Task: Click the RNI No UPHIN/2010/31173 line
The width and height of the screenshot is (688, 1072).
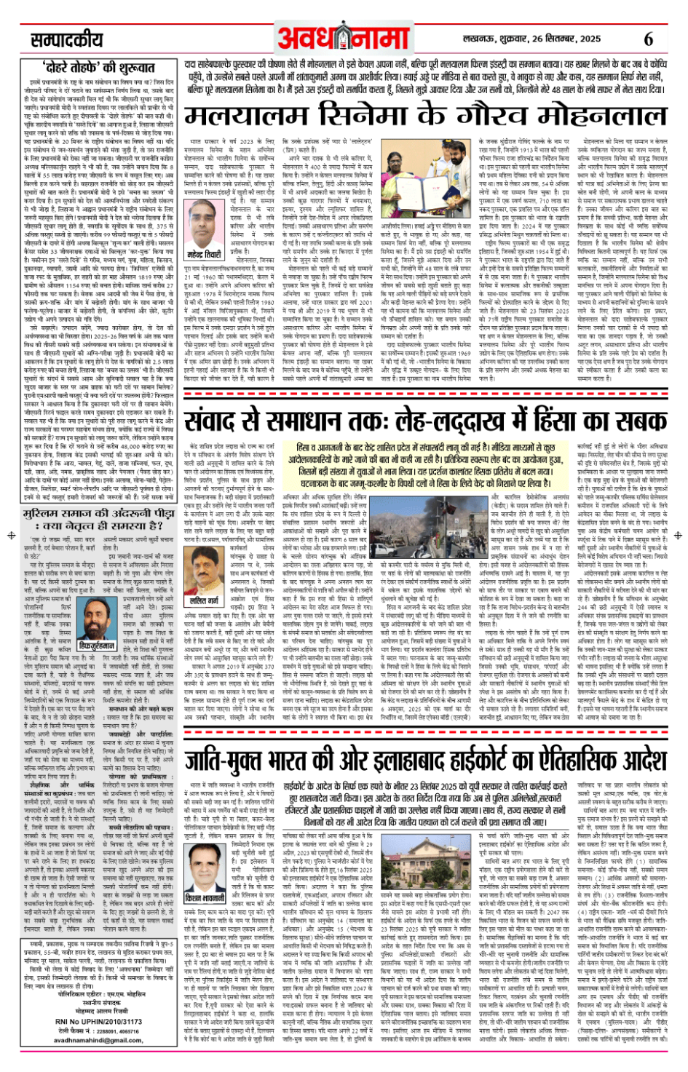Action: [x=98, y=1022]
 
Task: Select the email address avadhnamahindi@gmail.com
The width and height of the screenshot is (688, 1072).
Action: [x=98, y=1040]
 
